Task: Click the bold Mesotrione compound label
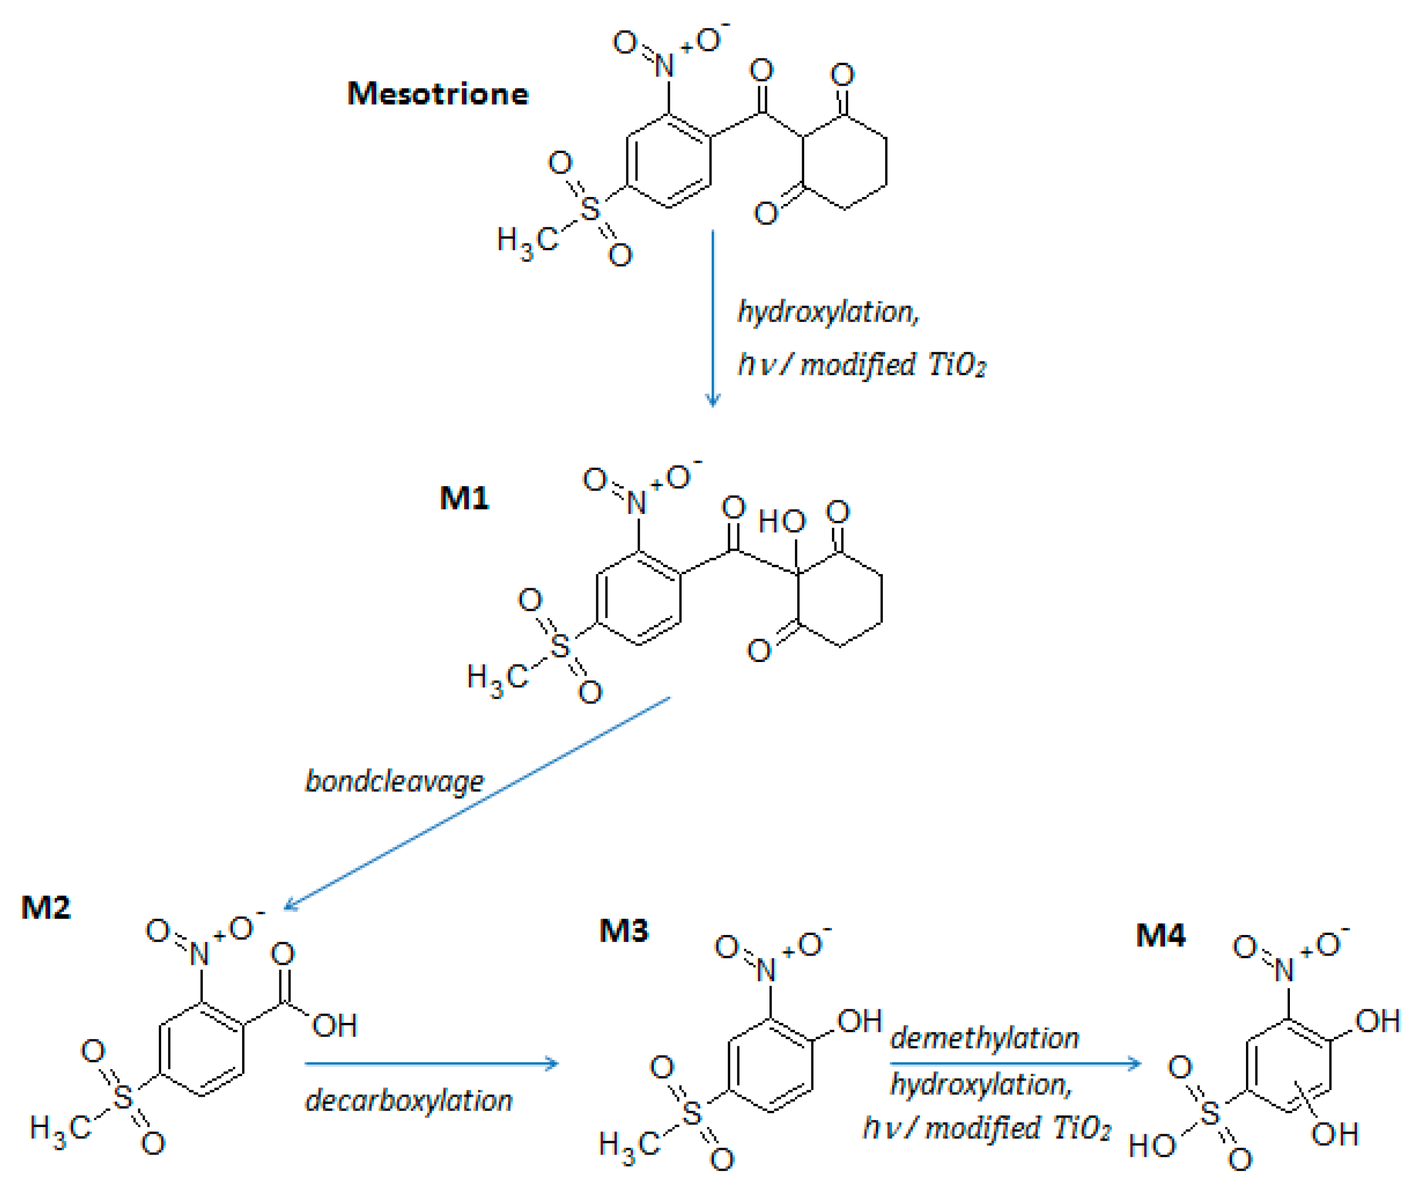coord(437,93)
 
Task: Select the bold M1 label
coord(464,498)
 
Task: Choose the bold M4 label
coord(1160,935)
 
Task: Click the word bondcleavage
coord(394,781)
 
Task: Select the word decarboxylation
coord(408,1100)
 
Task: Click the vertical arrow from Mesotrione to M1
coord(712,319)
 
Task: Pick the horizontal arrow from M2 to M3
coord(431,1064)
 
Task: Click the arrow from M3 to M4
coord(1015,1064)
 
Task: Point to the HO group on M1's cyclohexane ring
coord(781,521)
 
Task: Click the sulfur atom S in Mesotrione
coord(590,209)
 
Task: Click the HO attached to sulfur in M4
coord(1152,1147)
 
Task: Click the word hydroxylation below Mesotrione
coord(828,312)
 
